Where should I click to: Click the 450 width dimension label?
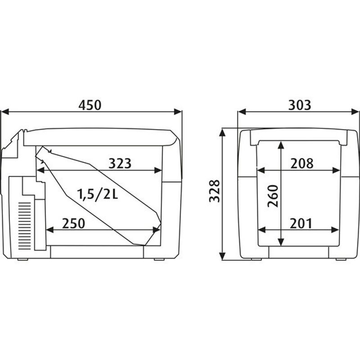tap(90, 105)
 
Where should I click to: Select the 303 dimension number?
tap(300, 105)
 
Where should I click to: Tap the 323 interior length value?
tap(120, 163)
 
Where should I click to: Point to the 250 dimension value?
tap(73, 223)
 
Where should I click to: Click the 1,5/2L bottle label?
tap(97, 194)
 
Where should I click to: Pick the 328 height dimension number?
tap(215, 191)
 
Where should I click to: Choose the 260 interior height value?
tap(273, 196)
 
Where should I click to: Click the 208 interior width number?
tap(302, 163)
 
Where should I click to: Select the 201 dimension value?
tap(301, 223)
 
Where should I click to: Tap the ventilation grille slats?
tap(24, 226)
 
